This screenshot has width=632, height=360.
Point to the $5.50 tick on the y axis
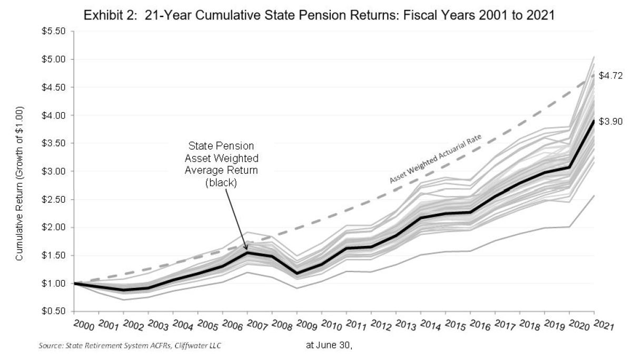pos(54,31)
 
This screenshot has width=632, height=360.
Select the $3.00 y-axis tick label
pos(54,172)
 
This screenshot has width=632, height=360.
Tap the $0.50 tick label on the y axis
pos(54,312)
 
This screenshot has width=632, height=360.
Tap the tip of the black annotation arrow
pos(248,249)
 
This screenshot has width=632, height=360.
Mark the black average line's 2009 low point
pos(297,273)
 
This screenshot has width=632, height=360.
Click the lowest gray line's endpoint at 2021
pos(595,195)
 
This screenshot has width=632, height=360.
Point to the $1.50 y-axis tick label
pos(54,256)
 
